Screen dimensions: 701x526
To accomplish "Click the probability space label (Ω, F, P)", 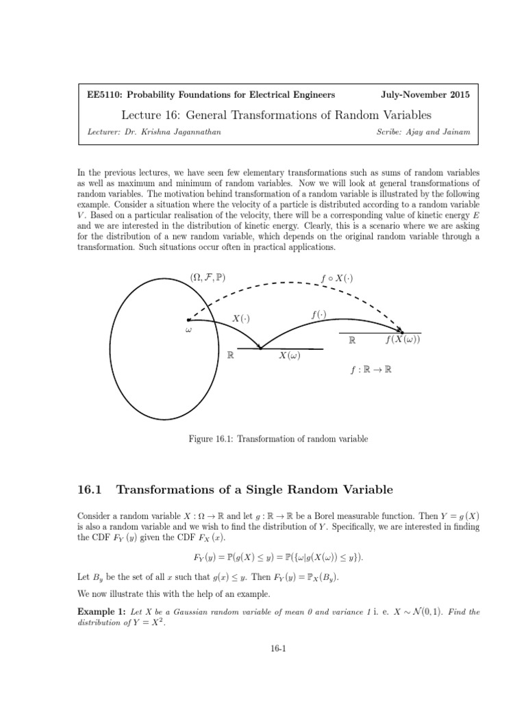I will [x=208, y=277].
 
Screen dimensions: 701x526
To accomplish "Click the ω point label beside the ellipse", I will [x=188, y=330].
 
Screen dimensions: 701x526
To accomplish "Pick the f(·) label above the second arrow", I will [x=318, y=315].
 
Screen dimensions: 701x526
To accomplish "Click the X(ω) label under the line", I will [x=290, y=356].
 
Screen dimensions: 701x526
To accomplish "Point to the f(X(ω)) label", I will [x=403, y=340].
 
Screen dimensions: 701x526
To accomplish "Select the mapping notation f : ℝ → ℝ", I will [x=371, y=369].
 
